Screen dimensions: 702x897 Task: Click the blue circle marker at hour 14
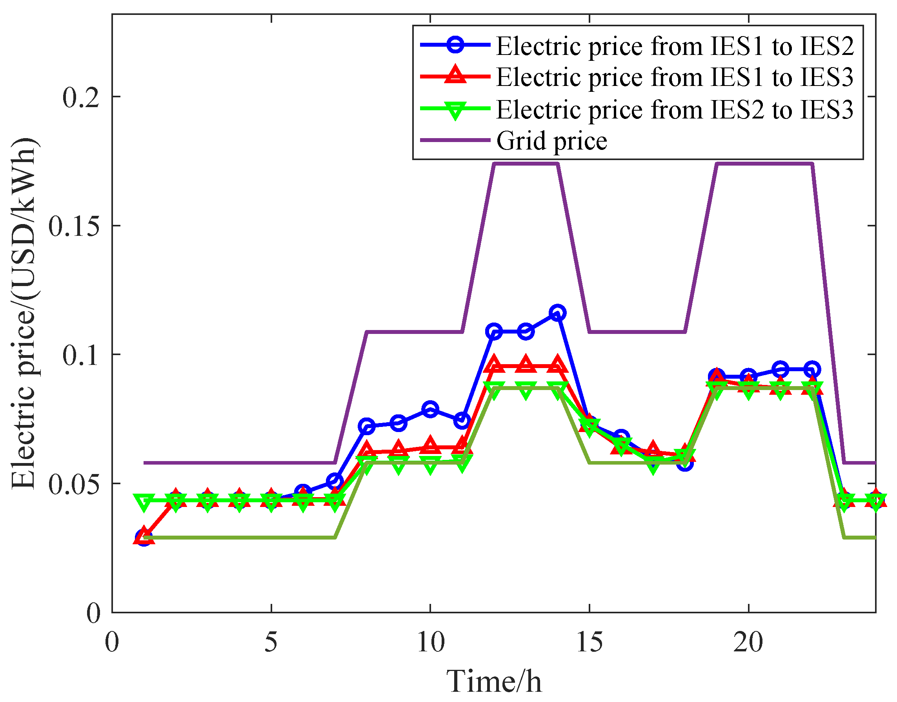point(557,313)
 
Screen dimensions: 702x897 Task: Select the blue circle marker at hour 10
point(430,409)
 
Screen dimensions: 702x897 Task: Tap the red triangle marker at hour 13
point(526,364)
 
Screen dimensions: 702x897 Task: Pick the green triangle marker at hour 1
point(144,502)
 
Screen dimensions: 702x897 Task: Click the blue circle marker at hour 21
point(781,370)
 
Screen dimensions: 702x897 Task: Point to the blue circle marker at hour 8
point(366,426)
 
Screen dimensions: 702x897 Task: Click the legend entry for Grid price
point(551,141)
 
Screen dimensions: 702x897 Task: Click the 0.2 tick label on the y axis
point(81,98)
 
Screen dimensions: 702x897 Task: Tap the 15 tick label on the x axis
point(590,642)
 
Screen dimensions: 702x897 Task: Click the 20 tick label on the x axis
point(748,642)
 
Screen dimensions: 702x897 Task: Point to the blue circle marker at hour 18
point(685,463)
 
